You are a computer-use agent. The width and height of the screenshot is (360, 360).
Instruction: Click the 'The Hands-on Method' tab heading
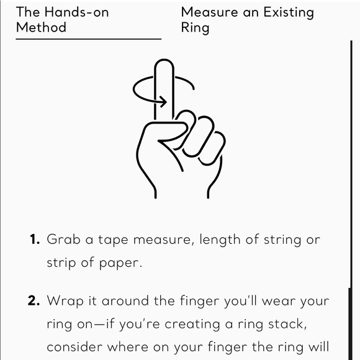coord(63,19)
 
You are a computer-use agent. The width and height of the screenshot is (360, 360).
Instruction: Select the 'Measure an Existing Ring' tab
coord(247,20)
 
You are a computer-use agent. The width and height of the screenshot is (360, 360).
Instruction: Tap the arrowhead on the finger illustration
coord(163,101)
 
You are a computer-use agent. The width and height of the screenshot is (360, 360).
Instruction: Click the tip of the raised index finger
coord(164,60)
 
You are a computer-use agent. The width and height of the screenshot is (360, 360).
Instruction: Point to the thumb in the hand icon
coord(172,133)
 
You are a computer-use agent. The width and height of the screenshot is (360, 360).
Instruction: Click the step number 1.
coord(35,239)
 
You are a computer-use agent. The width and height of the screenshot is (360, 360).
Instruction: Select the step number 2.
coord(34,300)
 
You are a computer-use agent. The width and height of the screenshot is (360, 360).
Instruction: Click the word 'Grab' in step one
coord(63,239)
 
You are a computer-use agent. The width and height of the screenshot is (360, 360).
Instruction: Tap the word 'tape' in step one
coord(113,240)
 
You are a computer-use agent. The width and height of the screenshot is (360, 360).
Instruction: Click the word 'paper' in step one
coord(120,264)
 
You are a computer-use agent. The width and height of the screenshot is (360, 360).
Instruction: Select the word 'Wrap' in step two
coord(65,302)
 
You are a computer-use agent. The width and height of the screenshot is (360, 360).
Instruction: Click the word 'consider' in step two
coord(74,347)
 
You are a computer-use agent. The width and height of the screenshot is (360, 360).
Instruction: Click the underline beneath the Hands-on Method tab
coord(89,39)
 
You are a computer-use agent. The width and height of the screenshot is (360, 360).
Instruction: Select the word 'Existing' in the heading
coord(289,13)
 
